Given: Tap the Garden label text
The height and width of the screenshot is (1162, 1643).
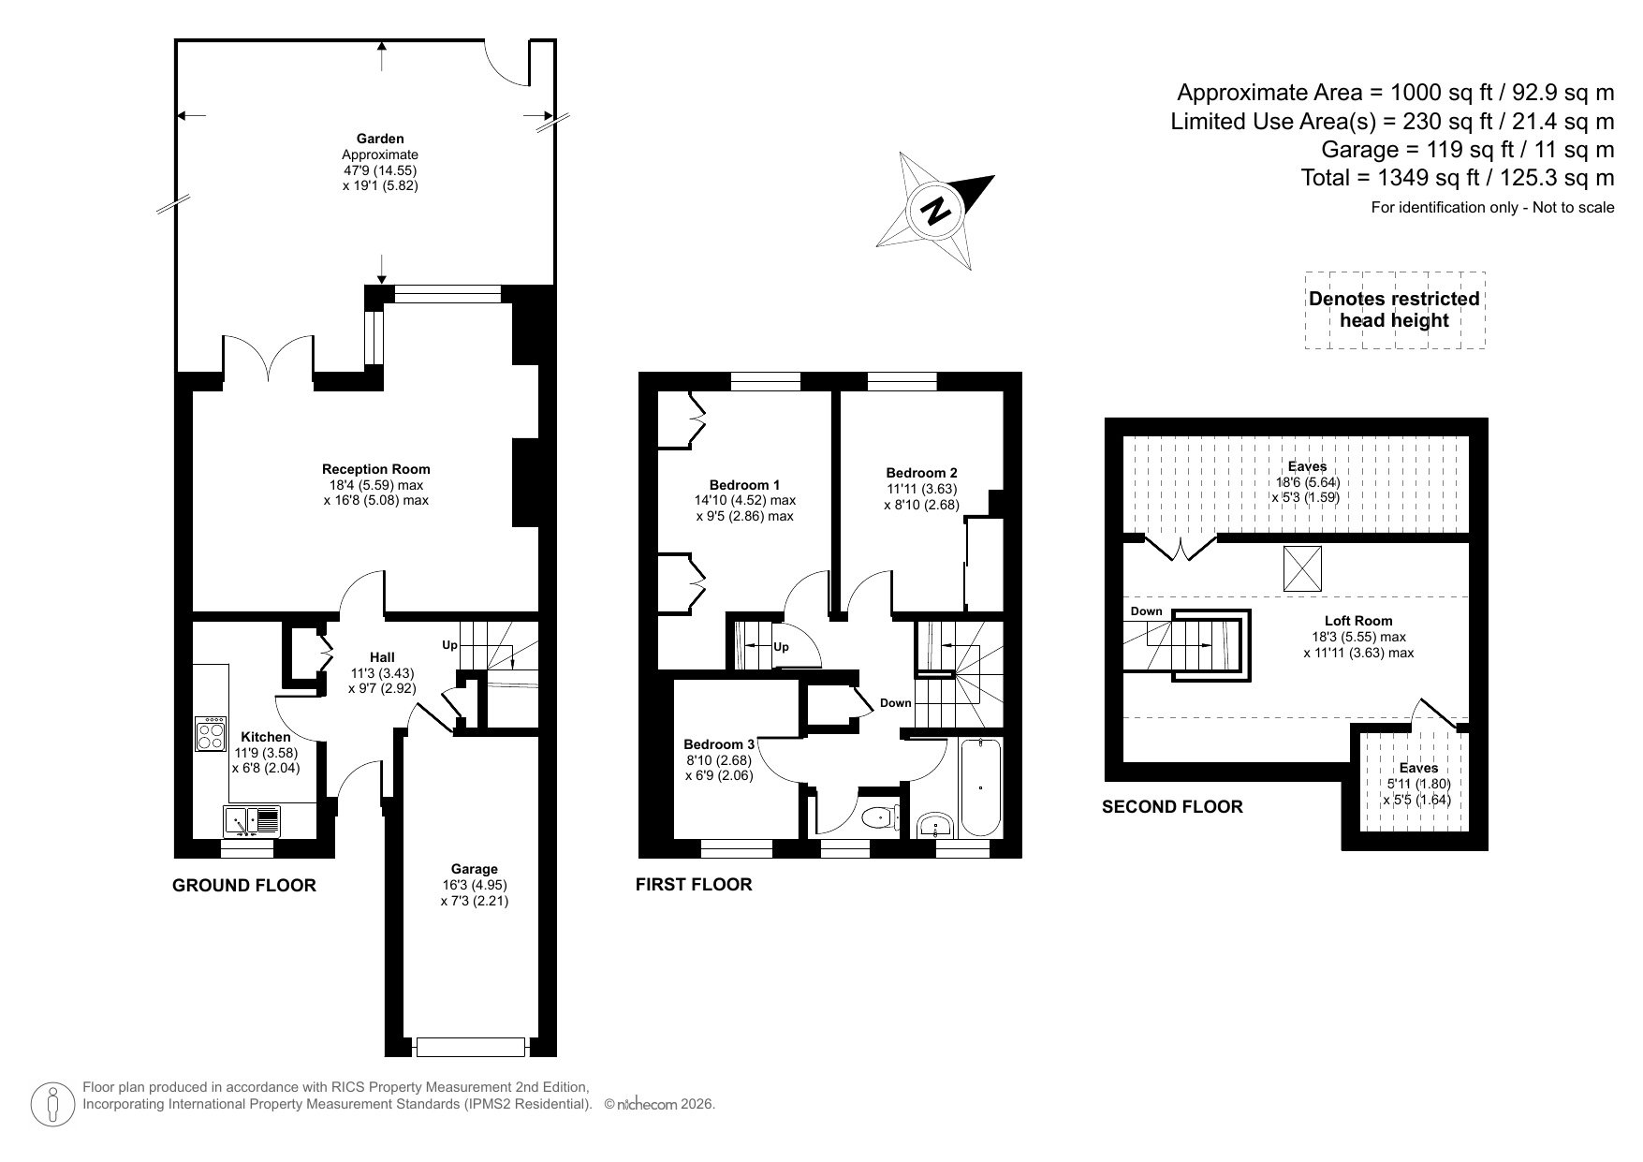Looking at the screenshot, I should (380, 139).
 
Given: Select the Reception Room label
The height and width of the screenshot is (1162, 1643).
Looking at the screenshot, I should (375, 469).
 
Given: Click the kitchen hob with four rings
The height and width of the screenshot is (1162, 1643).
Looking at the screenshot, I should (212, 734).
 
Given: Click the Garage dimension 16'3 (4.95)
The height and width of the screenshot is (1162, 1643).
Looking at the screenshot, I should (474, 885).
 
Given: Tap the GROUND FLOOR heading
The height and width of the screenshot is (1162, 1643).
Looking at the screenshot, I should (243, 885).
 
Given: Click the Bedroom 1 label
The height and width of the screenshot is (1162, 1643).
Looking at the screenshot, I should (744, 484).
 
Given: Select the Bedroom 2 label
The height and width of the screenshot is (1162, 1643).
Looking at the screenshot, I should (921, 473).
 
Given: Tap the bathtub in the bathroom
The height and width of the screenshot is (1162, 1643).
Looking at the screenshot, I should (980, 787).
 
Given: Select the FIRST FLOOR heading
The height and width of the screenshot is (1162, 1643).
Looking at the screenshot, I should (694, 884).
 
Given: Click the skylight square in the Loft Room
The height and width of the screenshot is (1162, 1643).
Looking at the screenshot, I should (1298, 569).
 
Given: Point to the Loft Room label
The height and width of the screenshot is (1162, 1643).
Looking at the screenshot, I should (1357, 620).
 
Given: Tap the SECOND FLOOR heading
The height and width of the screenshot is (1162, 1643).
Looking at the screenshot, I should (1172, 807).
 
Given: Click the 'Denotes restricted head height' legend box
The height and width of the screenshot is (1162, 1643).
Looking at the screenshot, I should (1394, 310).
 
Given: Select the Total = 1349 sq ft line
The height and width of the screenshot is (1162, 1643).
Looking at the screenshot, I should (1457, 177).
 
